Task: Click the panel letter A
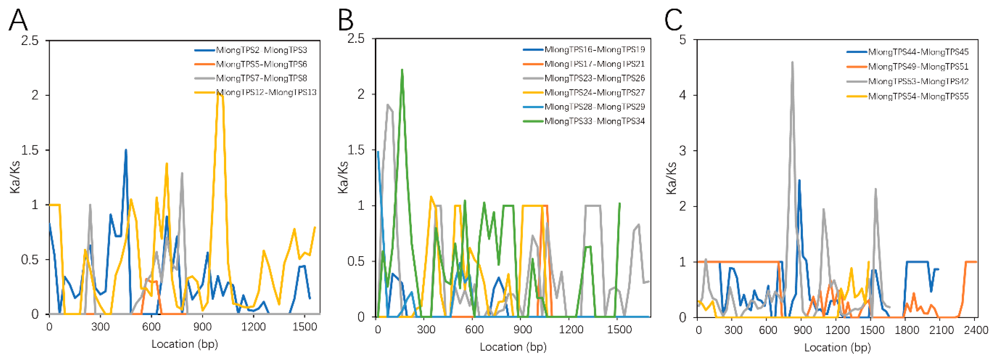click(18, 20)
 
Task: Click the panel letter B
click(345, 20)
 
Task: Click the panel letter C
click(673, 20)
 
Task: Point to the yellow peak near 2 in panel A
click(219, 94)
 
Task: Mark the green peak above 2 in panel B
click(402, 71)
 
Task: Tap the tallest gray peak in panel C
click(792, 63)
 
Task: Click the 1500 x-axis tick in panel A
click(304, 327)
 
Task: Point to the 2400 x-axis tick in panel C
click(974, 330)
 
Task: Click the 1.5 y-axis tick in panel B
click(356, 150)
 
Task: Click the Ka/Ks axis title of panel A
click(15, 177)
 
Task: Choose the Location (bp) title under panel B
click(513, 347)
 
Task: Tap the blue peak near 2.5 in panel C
click(799, 180)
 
